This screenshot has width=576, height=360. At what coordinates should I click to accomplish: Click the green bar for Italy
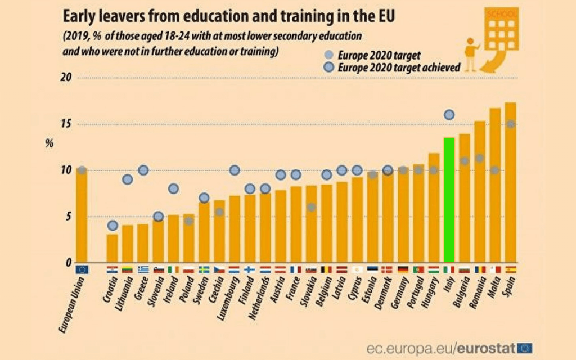click(449, 200)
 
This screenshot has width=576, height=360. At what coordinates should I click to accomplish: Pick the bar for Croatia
click(112, 248)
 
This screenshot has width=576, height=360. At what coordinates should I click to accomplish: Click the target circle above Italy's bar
click(449, 115)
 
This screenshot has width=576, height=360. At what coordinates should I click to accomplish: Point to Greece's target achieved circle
click(143, 170)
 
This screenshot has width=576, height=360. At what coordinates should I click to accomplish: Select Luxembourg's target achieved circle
click(235, 170)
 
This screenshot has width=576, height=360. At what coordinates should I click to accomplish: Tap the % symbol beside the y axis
click(49, 143)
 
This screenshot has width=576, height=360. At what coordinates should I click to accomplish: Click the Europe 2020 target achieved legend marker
click(329, 67)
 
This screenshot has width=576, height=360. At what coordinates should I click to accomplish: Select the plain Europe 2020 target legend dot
click(329, 55)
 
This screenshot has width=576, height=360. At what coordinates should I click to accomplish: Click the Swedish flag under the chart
click(204, 269)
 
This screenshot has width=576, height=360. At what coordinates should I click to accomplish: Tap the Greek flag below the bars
click(143, 269)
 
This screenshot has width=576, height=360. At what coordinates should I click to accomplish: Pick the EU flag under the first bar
click(82, 269)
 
